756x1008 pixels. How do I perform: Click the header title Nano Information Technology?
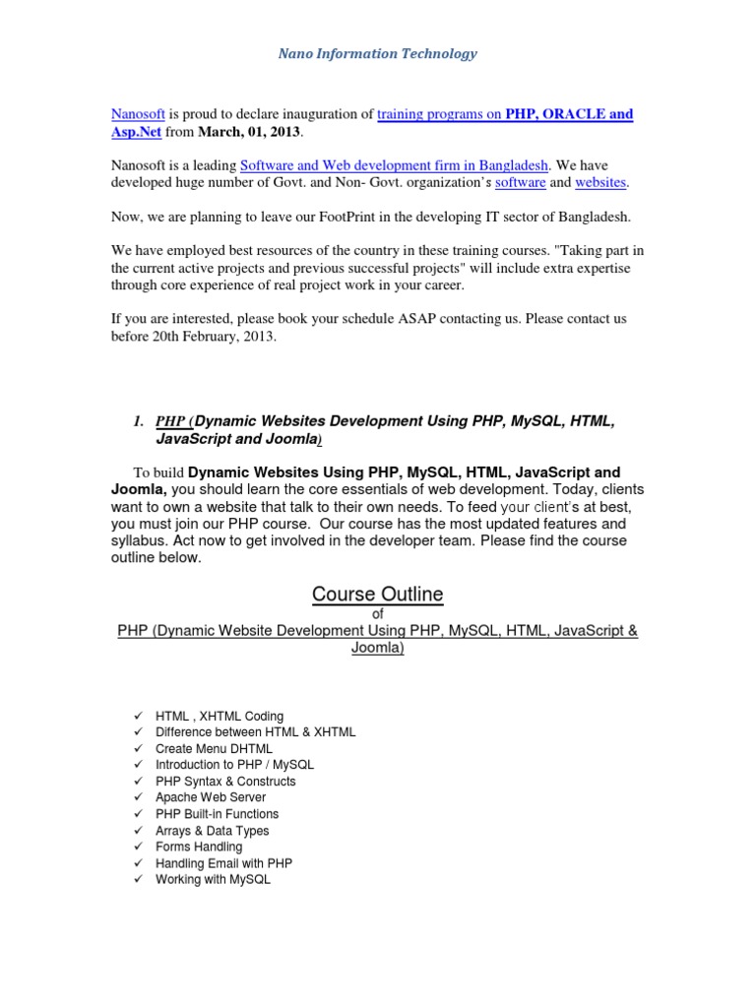coord(377,54)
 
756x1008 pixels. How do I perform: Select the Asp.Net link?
coord(137,131)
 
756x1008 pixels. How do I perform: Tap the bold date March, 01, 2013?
coord(246,131)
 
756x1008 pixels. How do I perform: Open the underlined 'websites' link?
coord(600,182)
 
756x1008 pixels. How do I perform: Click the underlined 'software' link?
coord(520,182)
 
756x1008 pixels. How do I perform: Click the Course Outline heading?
coord(377,595)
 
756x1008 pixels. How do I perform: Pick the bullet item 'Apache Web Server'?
coord(211,797)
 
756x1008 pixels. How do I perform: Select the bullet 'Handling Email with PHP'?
coord(223,863)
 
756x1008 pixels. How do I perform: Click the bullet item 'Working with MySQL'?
coord(213,879)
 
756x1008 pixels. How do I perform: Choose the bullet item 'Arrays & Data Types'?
coord(213,830)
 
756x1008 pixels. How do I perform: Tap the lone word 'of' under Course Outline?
coord(377,613)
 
